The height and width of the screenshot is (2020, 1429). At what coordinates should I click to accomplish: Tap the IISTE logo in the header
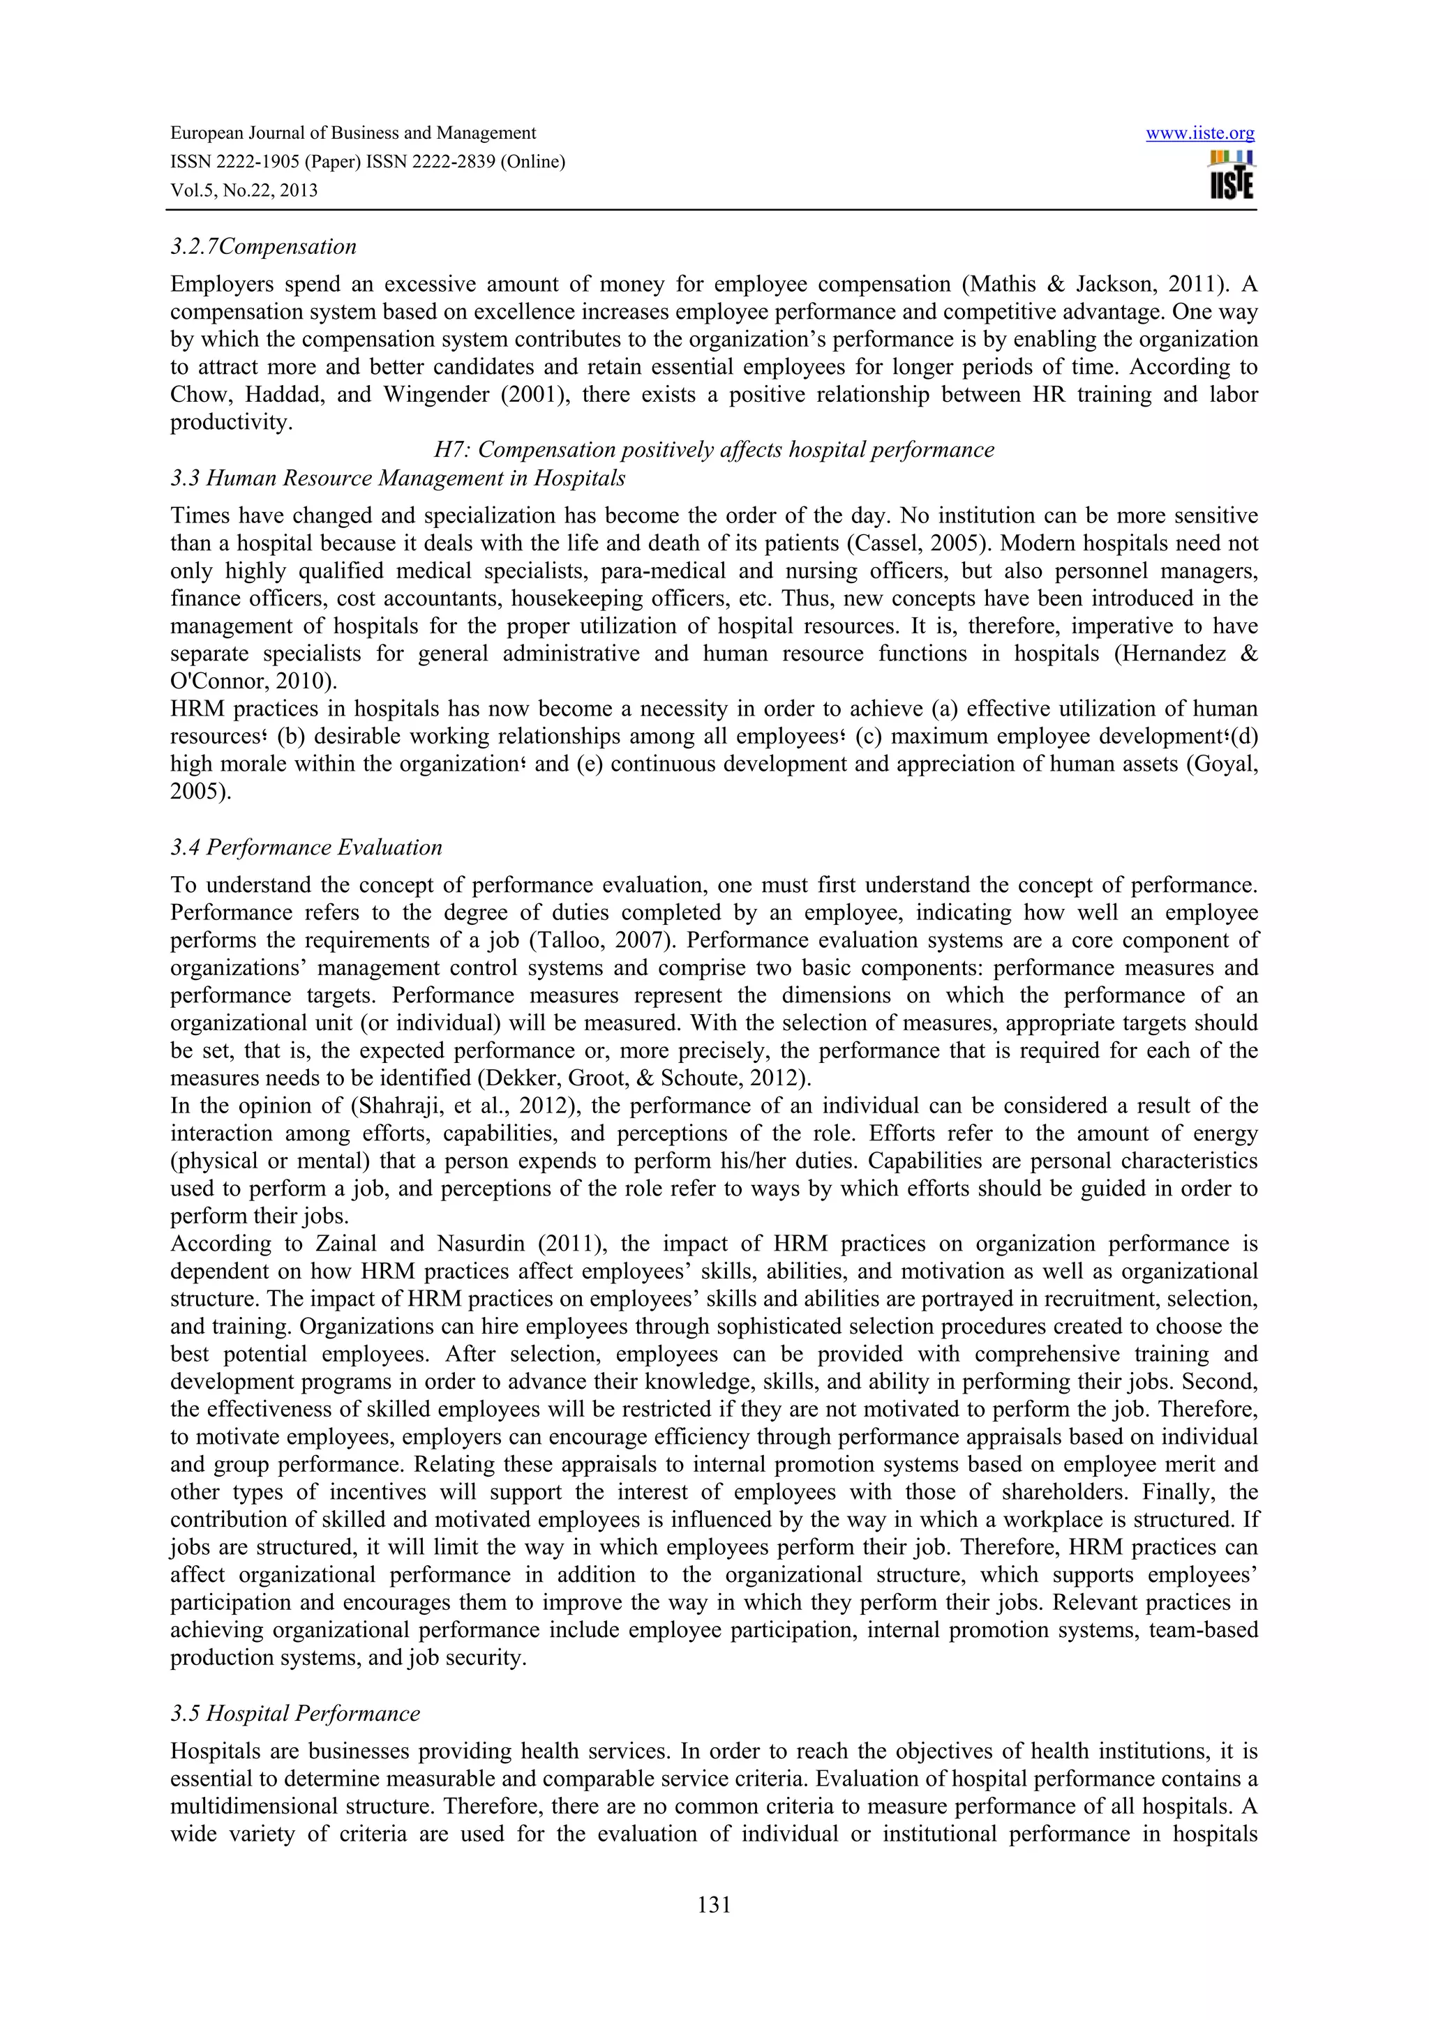[x=1232, y=176]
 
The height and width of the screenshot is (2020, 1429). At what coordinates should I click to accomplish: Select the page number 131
[x=714, y=1906]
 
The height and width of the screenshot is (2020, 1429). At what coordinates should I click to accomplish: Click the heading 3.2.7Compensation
[x=263, y=246]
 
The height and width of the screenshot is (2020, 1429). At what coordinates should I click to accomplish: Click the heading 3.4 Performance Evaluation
[x=306, y=847]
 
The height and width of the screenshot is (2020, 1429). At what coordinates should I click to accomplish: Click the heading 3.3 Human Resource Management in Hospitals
[x=398, y=478]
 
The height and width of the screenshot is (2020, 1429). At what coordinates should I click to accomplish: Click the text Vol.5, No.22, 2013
[x=244, y=190]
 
